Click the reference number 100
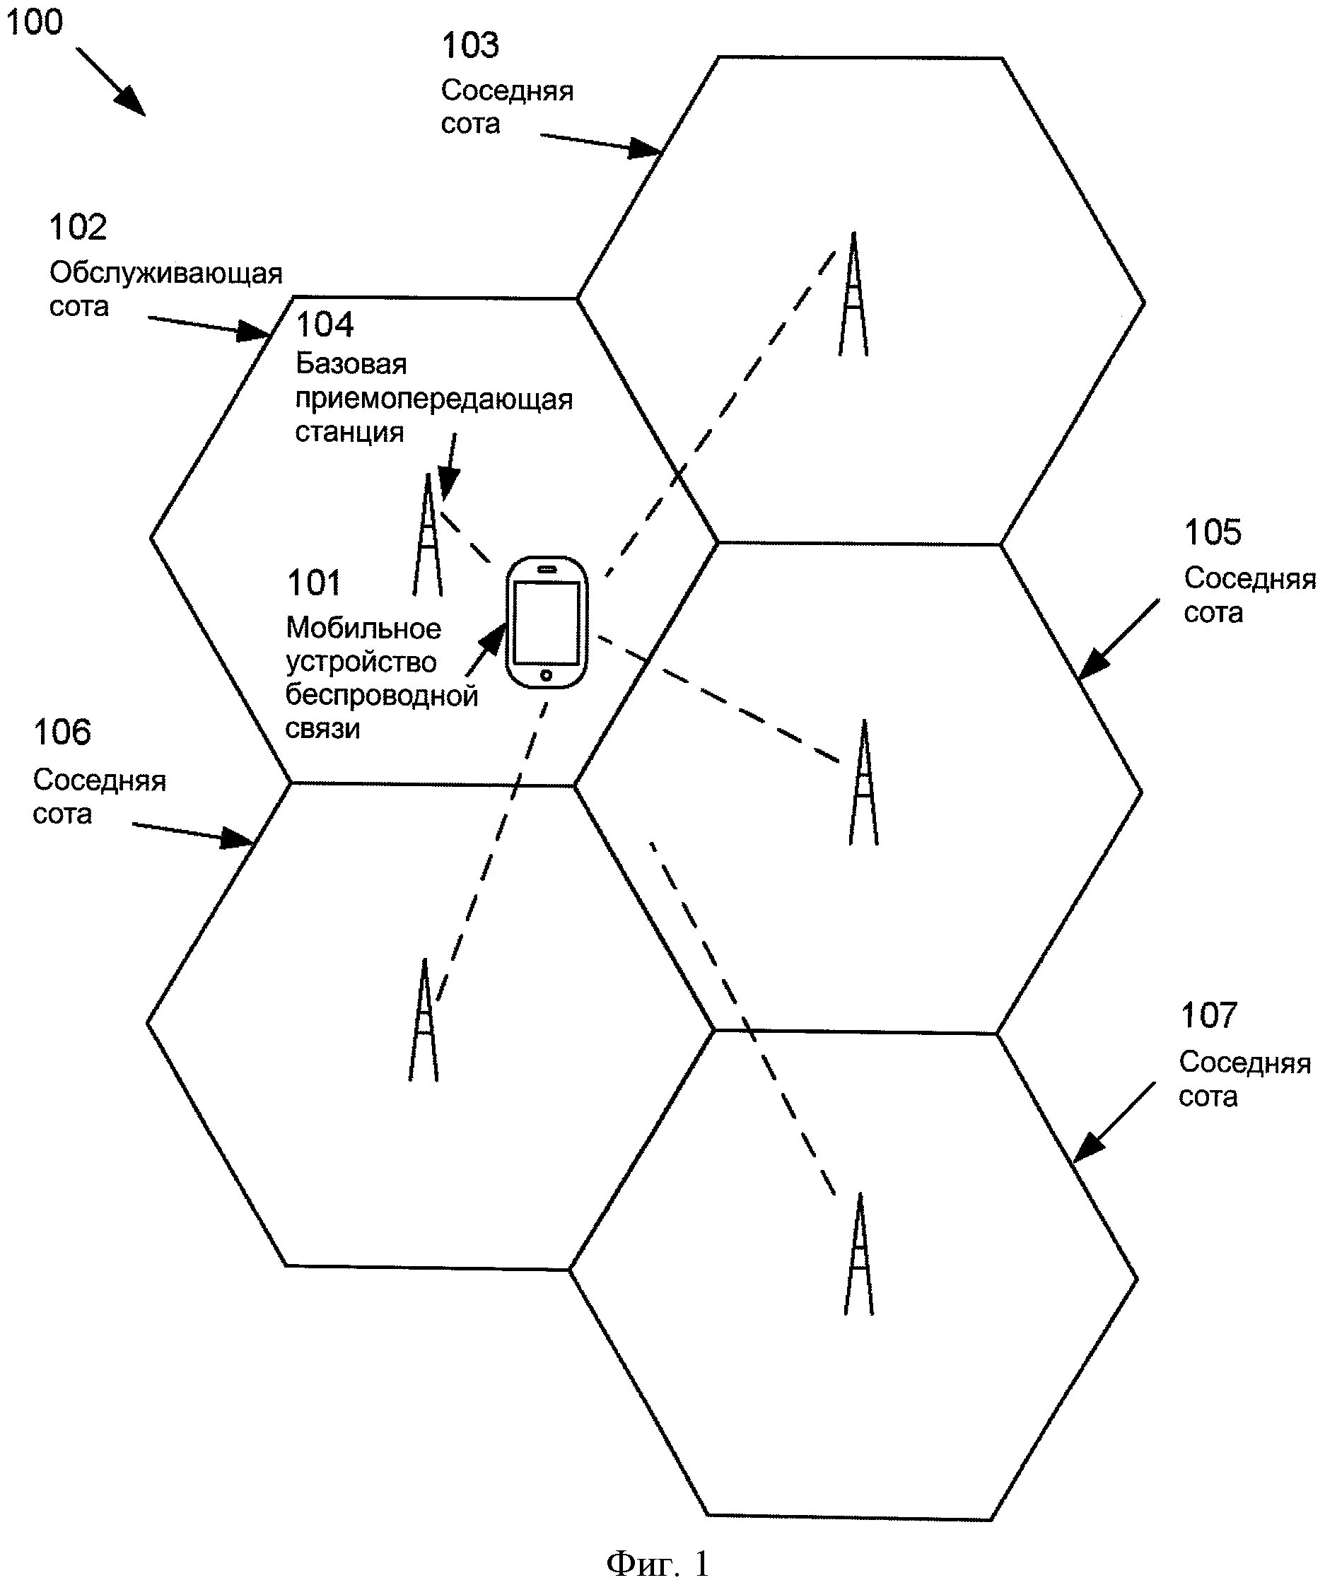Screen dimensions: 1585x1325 click(x=34, y=22)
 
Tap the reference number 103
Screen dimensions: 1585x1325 click(x=470, y=46)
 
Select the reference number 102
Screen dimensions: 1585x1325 click(x=78, y=228)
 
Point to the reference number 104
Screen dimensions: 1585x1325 click(x=325, y=325)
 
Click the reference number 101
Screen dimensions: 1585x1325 click(x=314, y=583)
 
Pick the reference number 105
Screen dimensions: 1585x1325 click(x=1213, y=533)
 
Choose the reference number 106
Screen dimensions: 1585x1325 click(x=62, y=733)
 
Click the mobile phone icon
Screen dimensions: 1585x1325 click(x=547, y=623)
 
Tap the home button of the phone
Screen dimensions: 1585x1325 click(x=547, y=674)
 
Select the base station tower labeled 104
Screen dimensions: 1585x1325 click(x=428, y=536)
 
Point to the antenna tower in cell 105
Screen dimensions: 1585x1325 click(x=864, y=783)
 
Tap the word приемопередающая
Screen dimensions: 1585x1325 click(x=434, y=399)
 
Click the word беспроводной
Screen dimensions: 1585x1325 click(x=382, y=696)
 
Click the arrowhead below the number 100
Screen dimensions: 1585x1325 click(x=132, y=103)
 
